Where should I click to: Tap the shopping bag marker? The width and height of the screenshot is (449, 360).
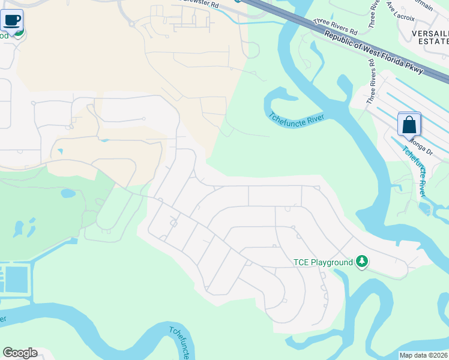[x=409, y=125]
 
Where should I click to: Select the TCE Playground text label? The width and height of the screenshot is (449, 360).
[x=322, y=262]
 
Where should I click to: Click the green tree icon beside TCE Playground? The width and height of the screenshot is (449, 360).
[x=361, y=262]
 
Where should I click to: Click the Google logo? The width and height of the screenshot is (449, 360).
[x=20, y=353]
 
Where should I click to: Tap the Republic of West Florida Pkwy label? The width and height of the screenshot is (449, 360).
[x=374, y=53]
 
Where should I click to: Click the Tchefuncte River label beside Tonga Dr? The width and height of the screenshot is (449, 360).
[x=415, y=171]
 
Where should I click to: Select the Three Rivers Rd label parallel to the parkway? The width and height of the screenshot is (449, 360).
[x=336, y=26]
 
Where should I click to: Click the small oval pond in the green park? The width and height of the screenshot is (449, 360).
[x=68, y=193]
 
